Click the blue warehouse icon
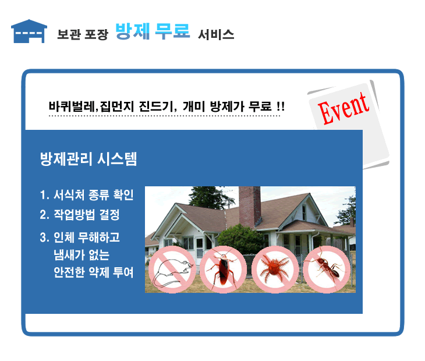pyautogui.click(x=29, y=31)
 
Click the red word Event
pyautogui.click(x=343, y=108)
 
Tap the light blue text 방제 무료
pyautogui.click(x=153, y=31)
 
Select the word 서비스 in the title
pyautogui.click(x=216, y=35)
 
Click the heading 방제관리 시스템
pyautogui.click(x=88, y=158)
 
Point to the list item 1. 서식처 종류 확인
pyautogui.click(x=87, y=194)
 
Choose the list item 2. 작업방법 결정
pyautogui.click(x=80, y=215)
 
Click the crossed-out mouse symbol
pyautogui.click(x=172, y=270)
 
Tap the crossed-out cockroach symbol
pyautogui.click(x=223, y=270)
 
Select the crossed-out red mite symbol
pyautogui.click(x=275, y=270)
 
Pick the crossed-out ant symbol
pyautogui.click(x=327, y=270)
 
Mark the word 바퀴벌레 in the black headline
pyautogui.click(x=72, y=106)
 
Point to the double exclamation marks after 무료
pyautogui.click(x=281, y=106)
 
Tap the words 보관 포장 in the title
pyautogui.click(x=83, y=35)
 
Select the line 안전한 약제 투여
pyautogui.click(x=94, y=272)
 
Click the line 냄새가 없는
pyautogui.click(x=82, y=254)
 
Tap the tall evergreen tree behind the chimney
pyautogui.click(x=212, y=197)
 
